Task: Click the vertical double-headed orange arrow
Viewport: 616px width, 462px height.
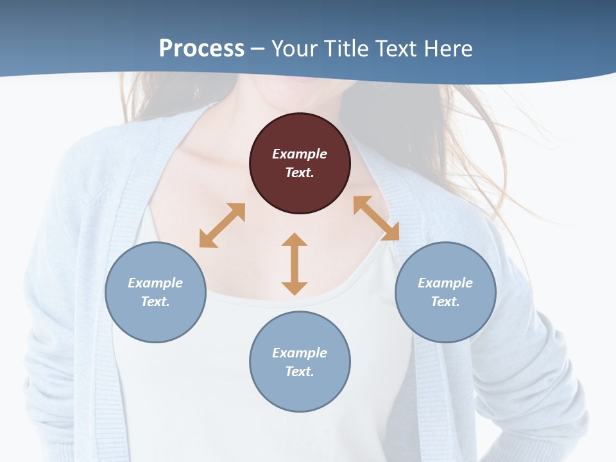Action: [x=295, y=264]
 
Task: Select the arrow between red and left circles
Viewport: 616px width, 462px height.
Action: [x=222, y=225]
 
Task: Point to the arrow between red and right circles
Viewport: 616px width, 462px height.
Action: [x=377, y=218]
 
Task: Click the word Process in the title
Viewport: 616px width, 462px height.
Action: [x=201, y=49]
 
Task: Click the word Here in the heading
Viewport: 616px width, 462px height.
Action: [x=449, y=49]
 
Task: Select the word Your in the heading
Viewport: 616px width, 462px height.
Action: [x=293, y=49]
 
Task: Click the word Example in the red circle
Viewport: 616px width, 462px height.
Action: [x=300, y=154]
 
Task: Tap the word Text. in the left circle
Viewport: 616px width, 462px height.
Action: [x=155, y=302]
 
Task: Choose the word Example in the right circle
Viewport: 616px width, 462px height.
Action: [x=445, y=283]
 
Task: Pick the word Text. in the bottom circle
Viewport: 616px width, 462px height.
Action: [x=300, y=372]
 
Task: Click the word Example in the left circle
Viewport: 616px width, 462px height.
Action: [x=155, y=283]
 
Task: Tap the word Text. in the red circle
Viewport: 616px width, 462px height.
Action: [x=300, y=173]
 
